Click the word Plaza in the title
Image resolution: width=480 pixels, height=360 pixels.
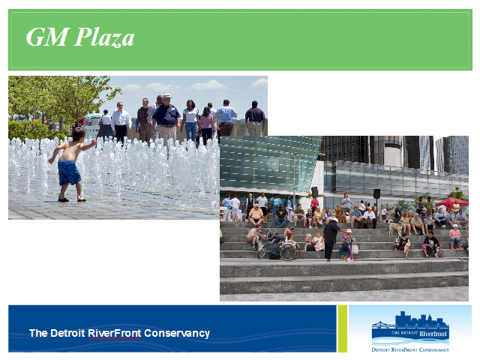click(x=104, y=37)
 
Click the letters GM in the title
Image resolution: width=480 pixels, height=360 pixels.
click(x=47, y=37)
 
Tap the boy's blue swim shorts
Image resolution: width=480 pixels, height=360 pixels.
click(x=69, y=172)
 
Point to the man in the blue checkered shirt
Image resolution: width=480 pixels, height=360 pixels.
click(x=226, y=118)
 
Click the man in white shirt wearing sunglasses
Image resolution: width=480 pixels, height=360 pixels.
click(x=121, y=122)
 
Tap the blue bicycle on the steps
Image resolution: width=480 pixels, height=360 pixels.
click(x=278, y=246)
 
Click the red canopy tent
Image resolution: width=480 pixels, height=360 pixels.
click(x=451, y=202)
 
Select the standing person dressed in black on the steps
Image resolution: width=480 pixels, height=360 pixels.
click(x=331, y=239)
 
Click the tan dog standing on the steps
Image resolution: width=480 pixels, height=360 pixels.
click(x=395, y=228)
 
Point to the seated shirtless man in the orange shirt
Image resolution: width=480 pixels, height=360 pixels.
click(x=256, y=215)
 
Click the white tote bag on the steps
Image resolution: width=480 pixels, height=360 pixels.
click(x=355, y=248)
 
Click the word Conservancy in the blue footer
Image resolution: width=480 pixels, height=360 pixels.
click(x=177, y=333)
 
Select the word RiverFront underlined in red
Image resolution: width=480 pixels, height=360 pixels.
click(x=115, y=333)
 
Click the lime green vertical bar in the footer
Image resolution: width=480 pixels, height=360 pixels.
click(x=343, y=328)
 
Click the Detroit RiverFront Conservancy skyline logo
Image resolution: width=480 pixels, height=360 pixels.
click(x=410, y=331)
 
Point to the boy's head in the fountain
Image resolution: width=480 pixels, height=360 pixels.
click(x=78, y=134)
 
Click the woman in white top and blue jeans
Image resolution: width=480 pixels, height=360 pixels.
click(x=190, y=121)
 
